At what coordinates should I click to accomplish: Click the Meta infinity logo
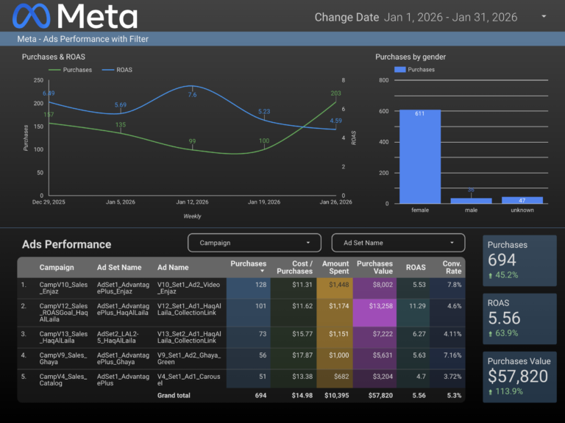32,15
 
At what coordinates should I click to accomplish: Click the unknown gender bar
522,199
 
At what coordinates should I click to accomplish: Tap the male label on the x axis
472,210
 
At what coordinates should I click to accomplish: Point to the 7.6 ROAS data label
192,95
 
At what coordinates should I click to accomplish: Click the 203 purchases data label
336,93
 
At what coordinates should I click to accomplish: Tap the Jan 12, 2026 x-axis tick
193,202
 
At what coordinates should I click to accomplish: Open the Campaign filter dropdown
255,243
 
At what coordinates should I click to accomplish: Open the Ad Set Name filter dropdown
398,243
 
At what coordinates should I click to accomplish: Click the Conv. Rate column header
452,268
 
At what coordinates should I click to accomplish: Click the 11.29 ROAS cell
418,312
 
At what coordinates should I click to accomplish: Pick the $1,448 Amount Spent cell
335,284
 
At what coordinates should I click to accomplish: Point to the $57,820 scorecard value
519,376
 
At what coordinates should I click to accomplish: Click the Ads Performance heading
67,244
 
